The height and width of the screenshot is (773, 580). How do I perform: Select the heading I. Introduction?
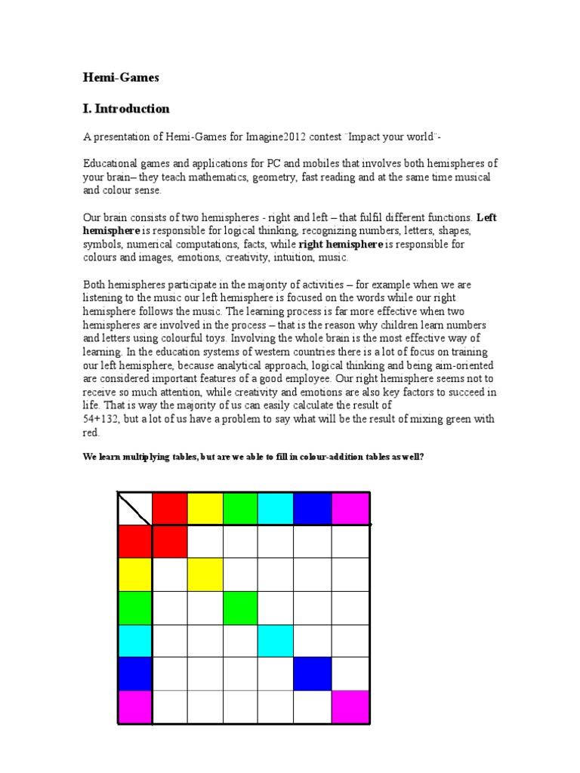(x=126, y=109)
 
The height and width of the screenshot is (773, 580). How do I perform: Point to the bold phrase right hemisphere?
(x=341, y=245)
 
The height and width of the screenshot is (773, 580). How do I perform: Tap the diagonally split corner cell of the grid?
(x=135, y=508)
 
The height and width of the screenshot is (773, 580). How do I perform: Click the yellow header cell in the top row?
(x=205, y=508)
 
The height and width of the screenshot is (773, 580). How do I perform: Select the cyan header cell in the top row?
(x=276, y=508)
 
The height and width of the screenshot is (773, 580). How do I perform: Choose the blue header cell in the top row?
(x=311, y=508)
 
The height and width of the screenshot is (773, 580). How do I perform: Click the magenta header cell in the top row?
(x=350, y=508)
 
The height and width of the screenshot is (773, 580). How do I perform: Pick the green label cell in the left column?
(x=135, y=608)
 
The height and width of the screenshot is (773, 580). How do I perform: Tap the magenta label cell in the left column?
(x=135, y=707)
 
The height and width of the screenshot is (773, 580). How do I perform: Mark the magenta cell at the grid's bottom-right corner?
(x=350, y=707)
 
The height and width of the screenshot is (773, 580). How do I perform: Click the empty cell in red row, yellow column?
(x=205, y=541)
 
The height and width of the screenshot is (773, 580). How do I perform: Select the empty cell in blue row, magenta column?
(x=350, y=674)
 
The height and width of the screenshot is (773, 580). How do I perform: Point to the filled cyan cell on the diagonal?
(x=276, y=641)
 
